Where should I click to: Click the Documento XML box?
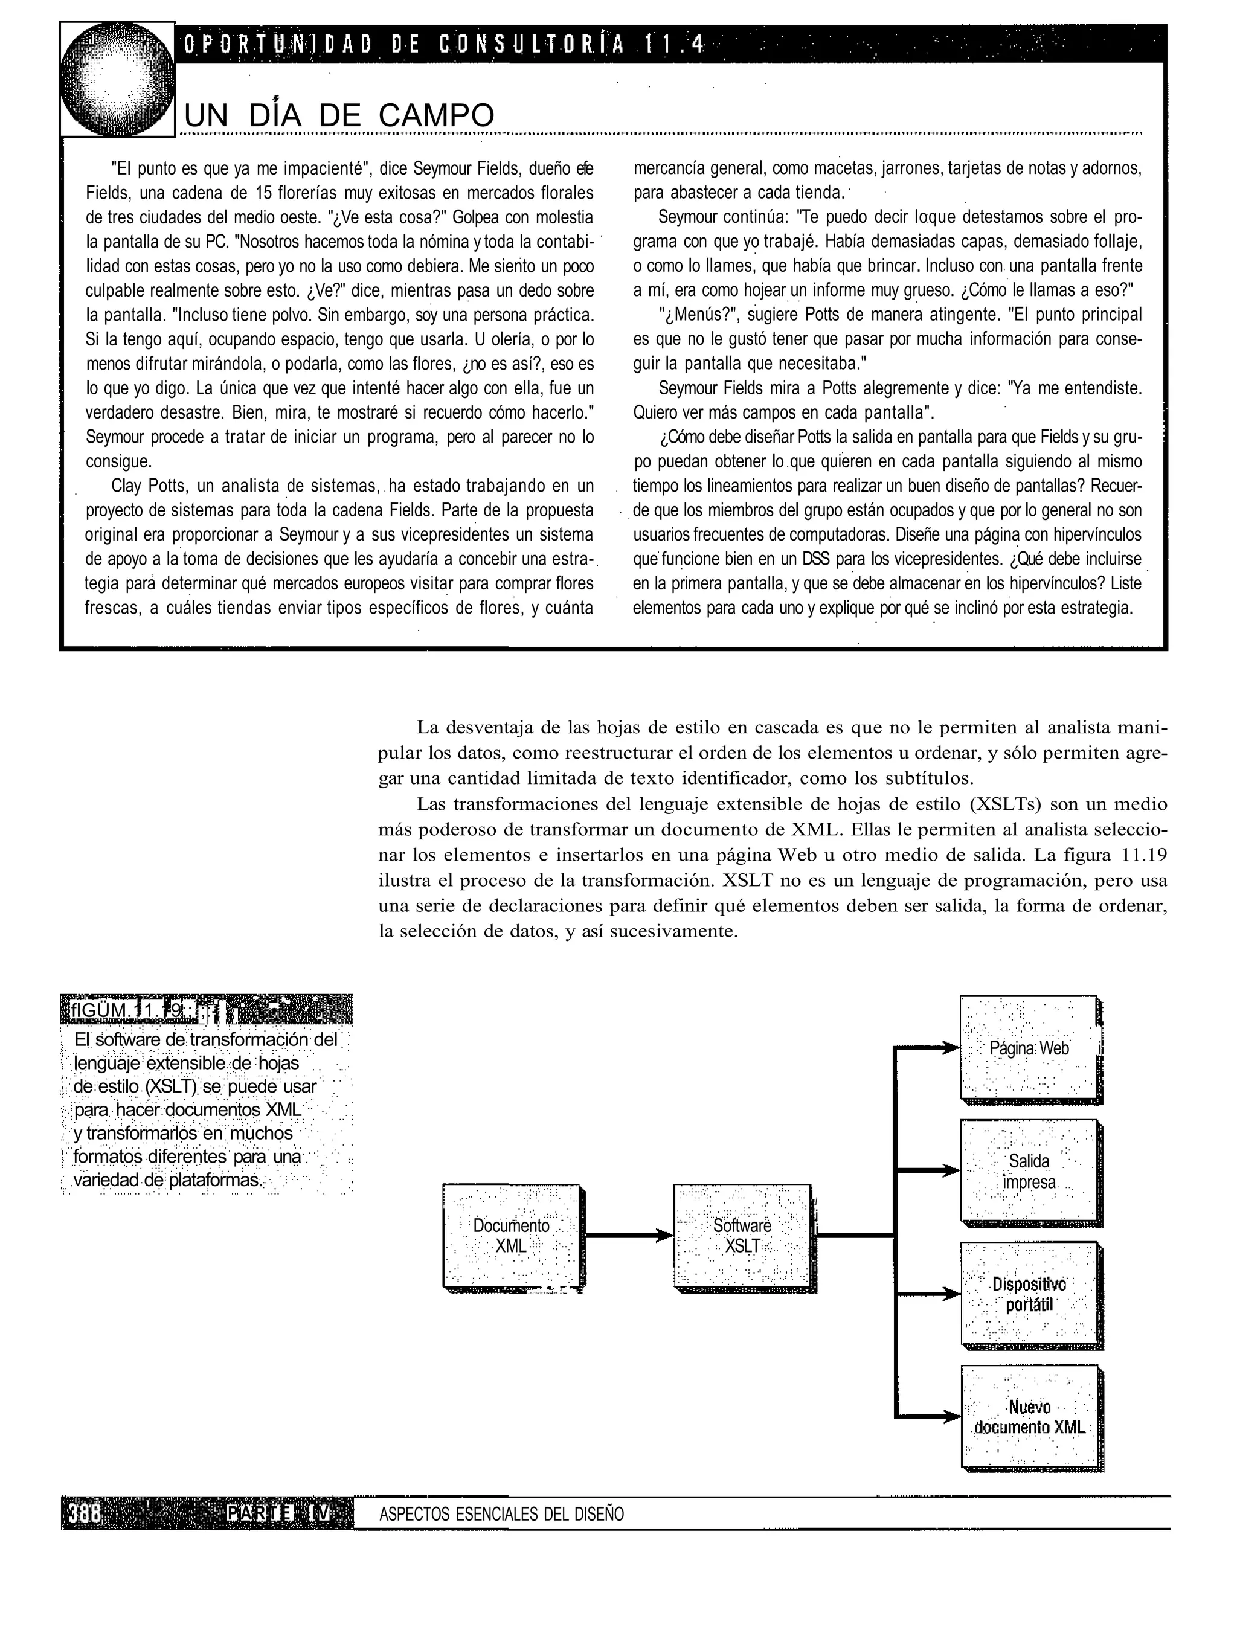pyautogui.click(x=511, y=1236)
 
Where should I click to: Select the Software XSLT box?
pyautogui.click(x=742, y=1236)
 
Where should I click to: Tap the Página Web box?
pyautogui.click(x=1029, y=1048)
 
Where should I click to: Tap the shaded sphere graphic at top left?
pyautogui.click(x=118, y=80)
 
